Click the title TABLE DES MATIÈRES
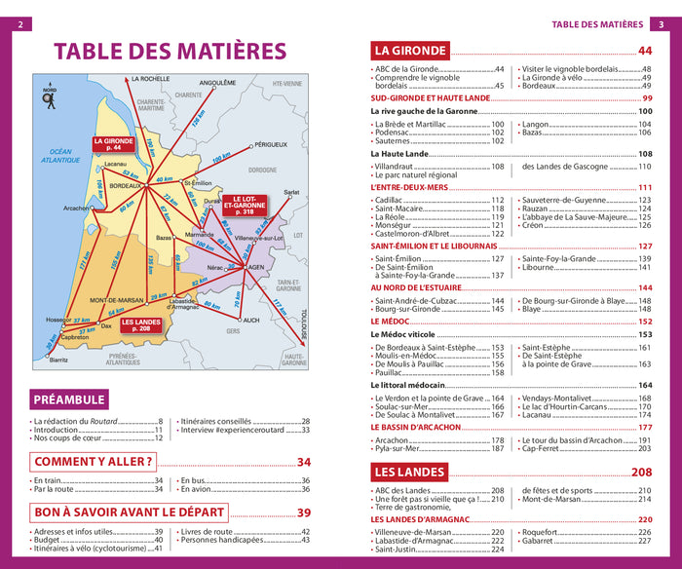[x=170, y=52]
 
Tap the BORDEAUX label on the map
[x=127, y=185]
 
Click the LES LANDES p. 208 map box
[x=140, y=326]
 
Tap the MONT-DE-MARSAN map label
[x=119, y=299]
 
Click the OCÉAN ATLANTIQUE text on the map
[x=62, y=155]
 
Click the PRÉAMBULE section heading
[x=68, y=399]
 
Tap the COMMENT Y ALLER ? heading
[x=94, y=462]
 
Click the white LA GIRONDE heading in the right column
[x=410, y=51]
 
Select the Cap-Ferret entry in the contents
[x=542, y=448]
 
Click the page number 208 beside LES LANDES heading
[x=641, y=473]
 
